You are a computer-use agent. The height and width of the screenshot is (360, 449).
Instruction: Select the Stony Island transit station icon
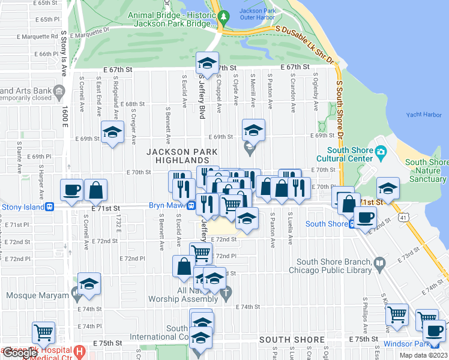tap(50, 207)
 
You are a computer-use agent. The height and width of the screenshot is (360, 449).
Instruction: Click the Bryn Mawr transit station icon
tap(190, 206)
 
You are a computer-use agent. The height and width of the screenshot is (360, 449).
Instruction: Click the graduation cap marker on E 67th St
tap(207, 64)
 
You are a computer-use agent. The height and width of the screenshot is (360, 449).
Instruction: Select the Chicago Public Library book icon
tap(379, 263)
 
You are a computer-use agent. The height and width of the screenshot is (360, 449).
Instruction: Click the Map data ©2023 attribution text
tap(423, 355)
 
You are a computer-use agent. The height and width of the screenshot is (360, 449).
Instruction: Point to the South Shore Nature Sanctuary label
tap(426, 170)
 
